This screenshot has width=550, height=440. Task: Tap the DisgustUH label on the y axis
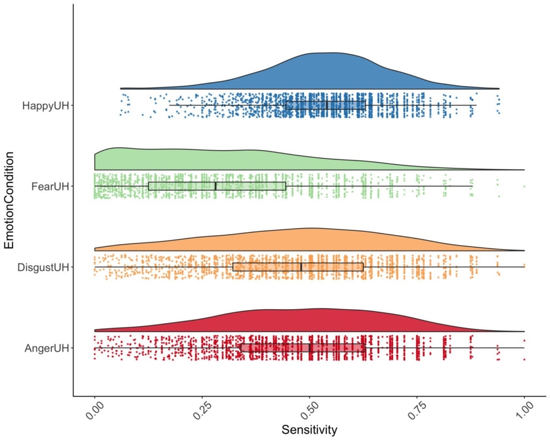pos(43,267)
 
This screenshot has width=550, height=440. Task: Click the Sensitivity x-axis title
pos(309,430)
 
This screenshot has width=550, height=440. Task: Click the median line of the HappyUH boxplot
pos(327,105)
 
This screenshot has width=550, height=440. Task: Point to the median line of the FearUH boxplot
pos(215,186)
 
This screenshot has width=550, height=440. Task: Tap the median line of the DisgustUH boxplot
pos(301,267)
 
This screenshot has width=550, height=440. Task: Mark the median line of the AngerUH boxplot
pos(310,348)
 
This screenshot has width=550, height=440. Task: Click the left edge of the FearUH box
pos(148,186)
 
